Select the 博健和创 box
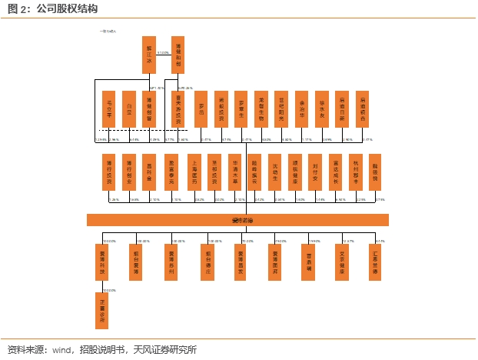178,55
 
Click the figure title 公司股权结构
67,8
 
